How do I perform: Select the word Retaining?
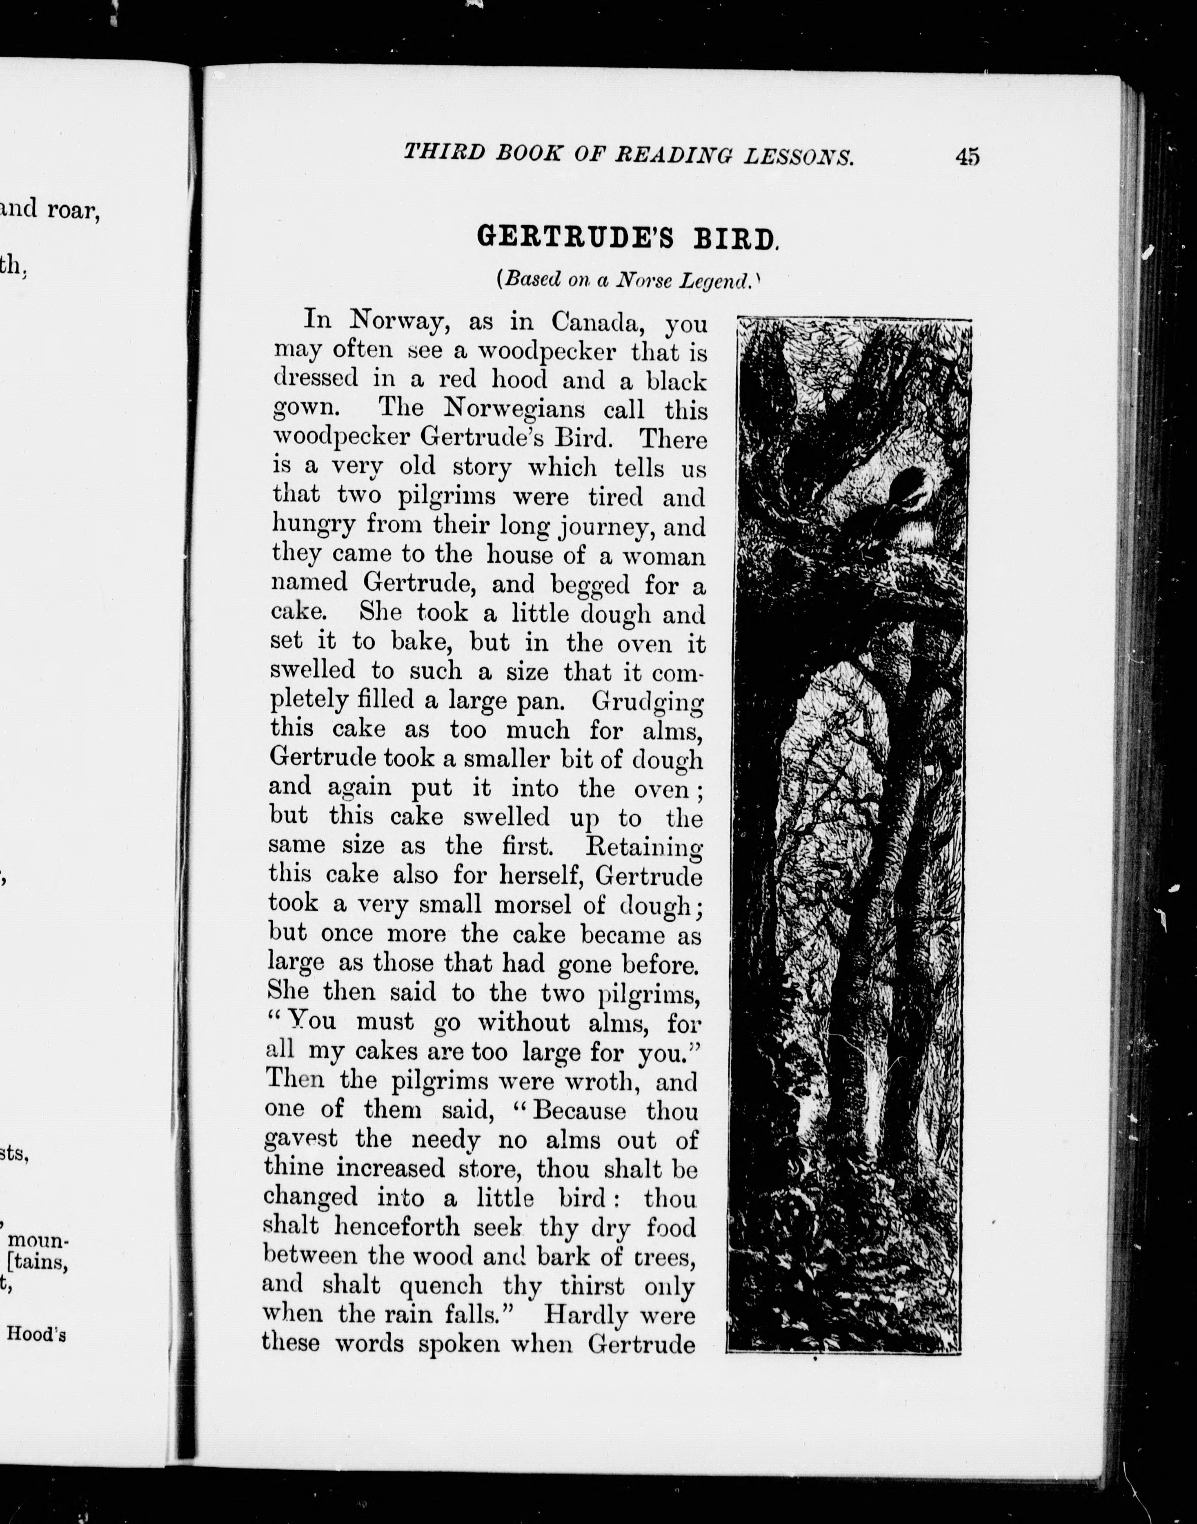pyautogui.click(x=643, y=847)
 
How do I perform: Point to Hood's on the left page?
pyautogui.click(x=36, y=1334)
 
